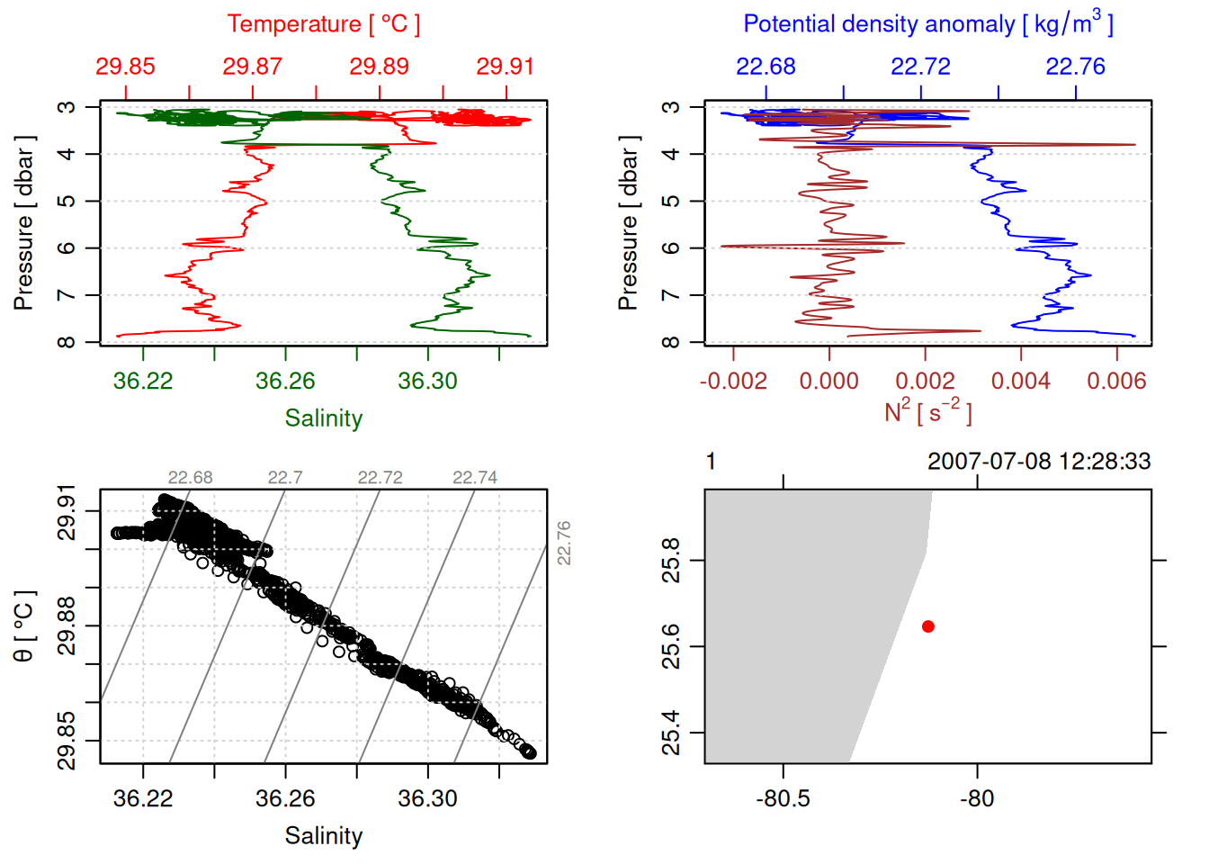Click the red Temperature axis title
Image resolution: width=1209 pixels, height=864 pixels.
323,23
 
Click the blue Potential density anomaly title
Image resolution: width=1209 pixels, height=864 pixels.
927,23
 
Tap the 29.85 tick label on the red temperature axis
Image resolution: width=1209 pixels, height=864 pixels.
125,67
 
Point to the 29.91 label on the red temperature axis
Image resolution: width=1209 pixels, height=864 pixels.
505,67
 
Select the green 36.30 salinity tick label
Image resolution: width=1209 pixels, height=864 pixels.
427,381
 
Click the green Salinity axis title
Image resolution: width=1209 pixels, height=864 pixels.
323,418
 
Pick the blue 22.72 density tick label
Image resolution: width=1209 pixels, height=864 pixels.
920,67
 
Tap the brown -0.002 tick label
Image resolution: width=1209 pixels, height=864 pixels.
733,381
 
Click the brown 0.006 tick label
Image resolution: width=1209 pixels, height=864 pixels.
1116,381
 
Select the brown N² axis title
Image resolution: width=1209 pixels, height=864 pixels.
927,411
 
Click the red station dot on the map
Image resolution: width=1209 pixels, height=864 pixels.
928,626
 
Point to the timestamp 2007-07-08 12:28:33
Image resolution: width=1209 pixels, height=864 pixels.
1039,462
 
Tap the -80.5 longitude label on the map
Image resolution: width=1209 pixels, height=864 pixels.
783,798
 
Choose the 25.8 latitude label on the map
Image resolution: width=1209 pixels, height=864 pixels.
671,561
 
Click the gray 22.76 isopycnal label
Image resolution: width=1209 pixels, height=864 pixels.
564,543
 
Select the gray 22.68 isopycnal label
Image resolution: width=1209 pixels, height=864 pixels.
191,478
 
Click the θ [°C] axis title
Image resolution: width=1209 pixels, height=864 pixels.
24,626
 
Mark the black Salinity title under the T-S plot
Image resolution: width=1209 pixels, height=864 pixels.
323,836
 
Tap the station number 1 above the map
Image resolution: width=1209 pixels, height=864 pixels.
711,462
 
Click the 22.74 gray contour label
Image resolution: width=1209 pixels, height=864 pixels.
475,478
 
